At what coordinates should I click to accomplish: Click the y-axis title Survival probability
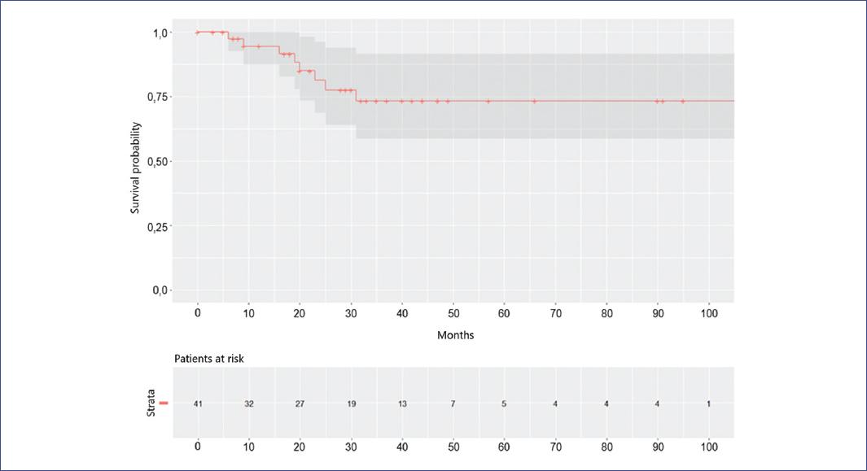point(137,168)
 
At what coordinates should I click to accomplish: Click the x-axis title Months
point(455,335)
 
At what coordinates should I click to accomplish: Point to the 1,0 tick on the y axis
point(160,33)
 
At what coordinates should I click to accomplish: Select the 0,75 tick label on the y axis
point(157,97)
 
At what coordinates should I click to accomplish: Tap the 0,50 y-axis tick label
point(157,162)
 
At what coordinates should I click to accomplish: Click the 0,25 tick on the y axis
point(157,226)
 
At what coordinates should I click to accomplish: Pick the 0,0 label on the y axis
point(160,290)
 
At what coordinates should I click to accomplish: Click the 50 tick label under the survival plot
point(453,312)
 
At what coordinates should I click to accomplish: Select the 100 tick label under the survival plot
point(708,312)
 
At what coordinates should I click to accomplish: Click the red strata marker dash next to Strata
point(163,403)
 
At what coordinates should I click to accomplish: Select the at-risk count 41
point(198,403)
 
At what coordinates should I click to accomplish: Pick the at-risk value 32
point(248,403)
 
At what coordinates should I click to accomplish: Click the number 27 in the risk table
point(300,403)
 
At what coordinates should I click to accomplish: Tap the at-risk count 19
point(351,403)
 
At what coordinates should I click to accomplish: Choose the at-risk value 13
point(402,403)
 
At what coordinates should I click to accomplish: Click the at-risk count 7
point(453,403)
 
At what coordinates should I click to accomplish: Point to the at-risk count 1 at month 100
point(708,403)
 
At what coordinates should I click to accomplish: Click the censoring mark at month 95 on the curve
point(683,101)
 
